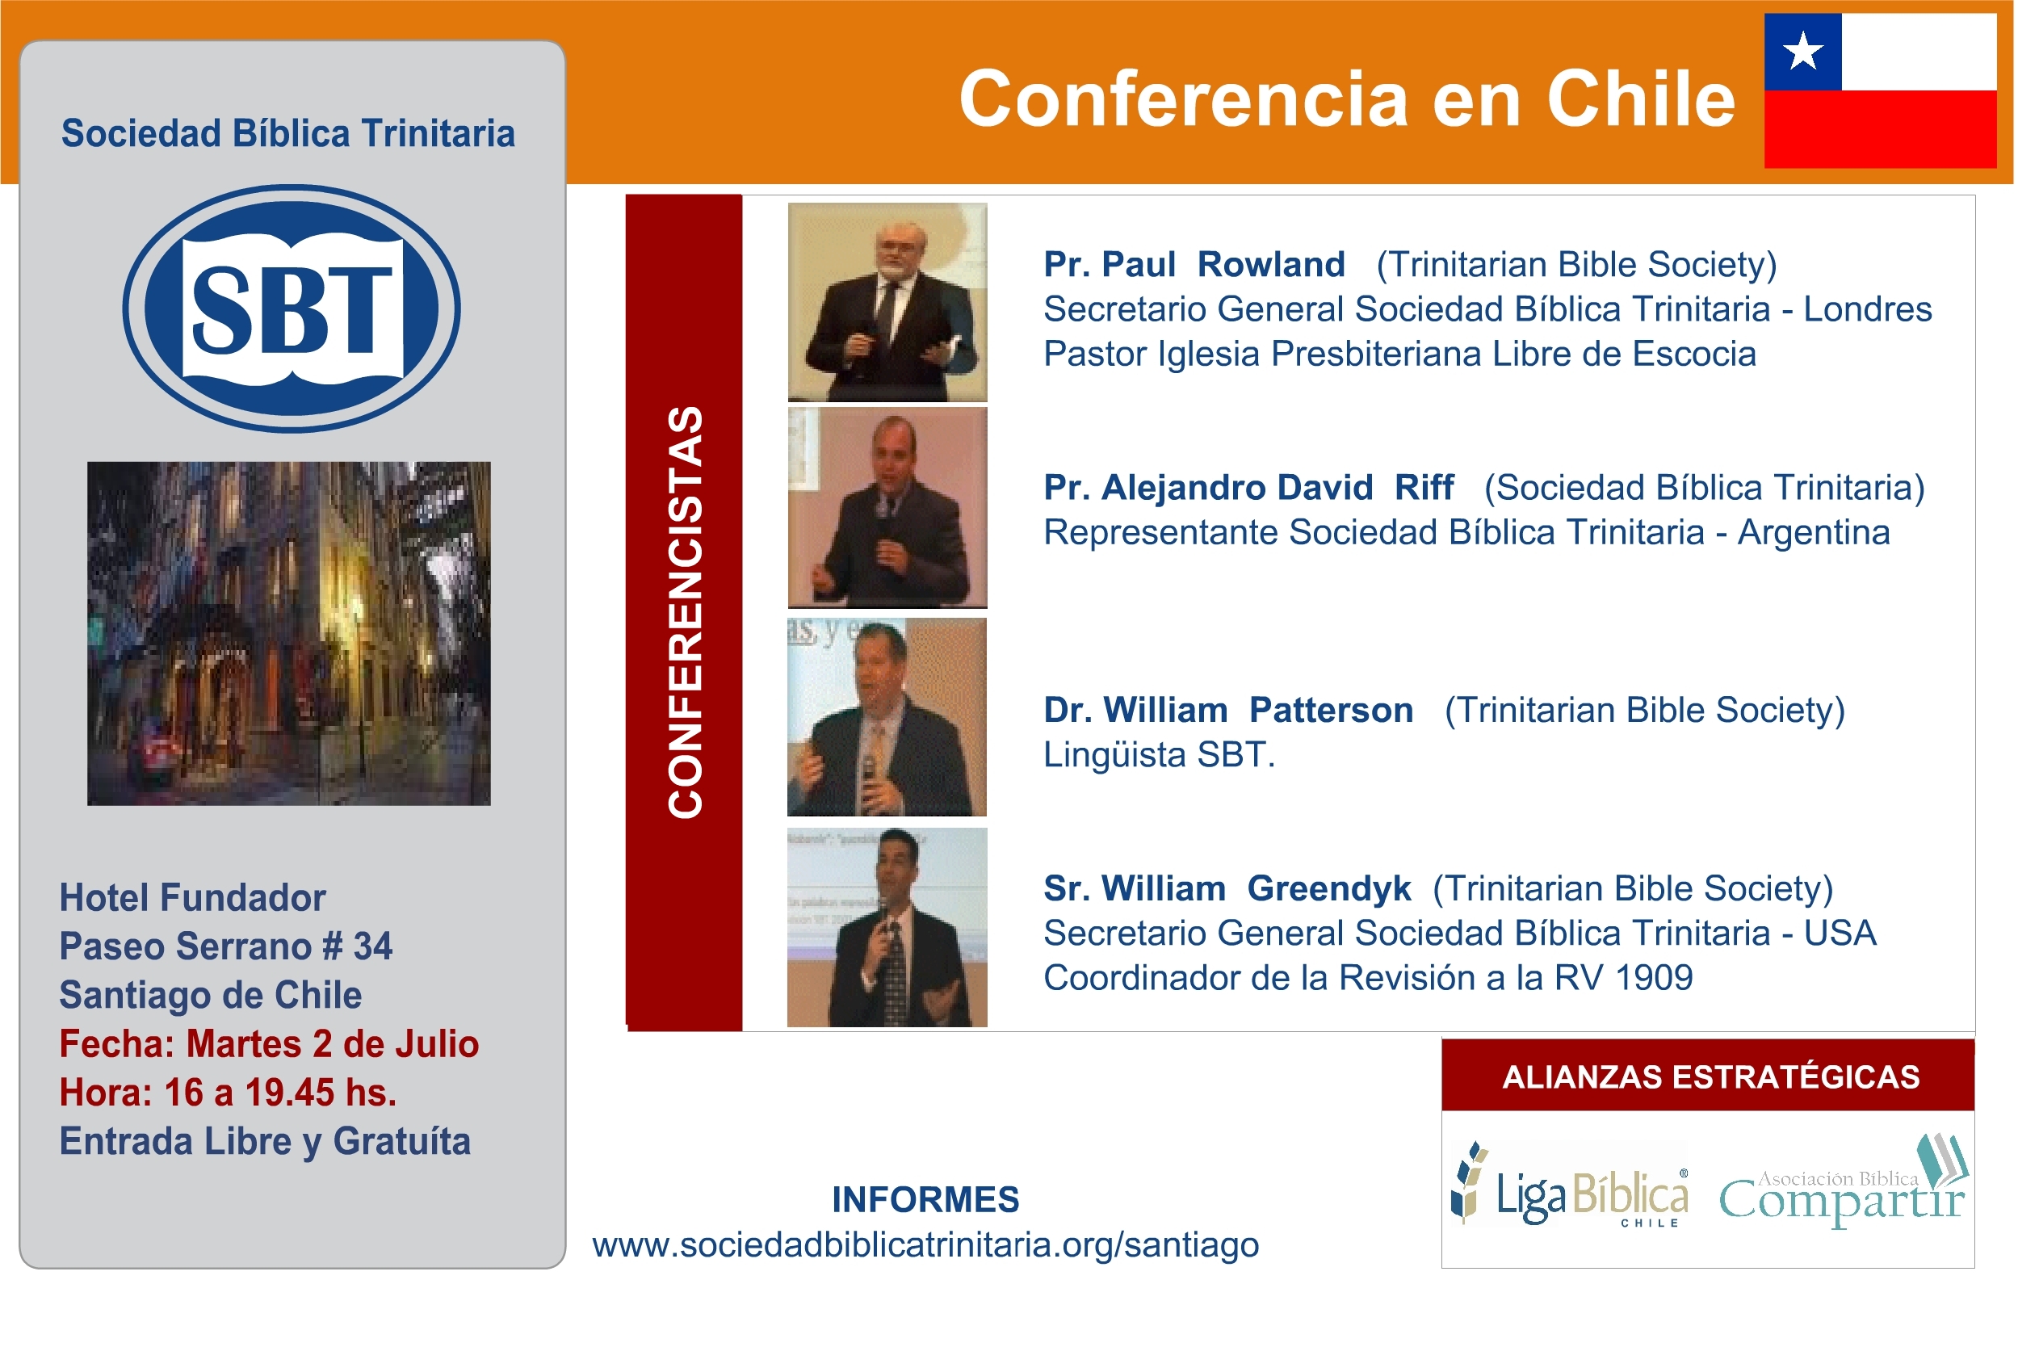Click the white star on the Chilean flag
(1803, 51)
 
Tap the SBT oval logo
(292, 308)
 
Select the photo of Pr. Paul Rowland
(887, 302)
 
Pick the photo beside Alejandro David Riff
(887, 508)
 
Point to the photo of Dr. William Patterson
(887, 716)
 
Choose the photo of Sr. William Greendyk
(887, 928)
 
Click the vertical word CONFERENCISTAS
(685, 612)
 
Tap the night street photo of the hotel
(288, 634)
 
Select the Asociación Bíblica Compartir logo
(1844, 1183)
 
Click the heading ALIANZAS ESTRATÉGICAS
(1710, 1077)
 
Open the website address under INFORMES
(925, 1245)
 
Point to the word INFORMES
(925, 1200)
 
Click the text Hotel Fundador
(192, 898)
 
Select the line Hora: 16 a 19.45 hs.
(228, 1093)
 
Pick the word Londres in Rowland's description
(1868, 309)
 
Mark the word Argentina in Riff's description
(1814, 533)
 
